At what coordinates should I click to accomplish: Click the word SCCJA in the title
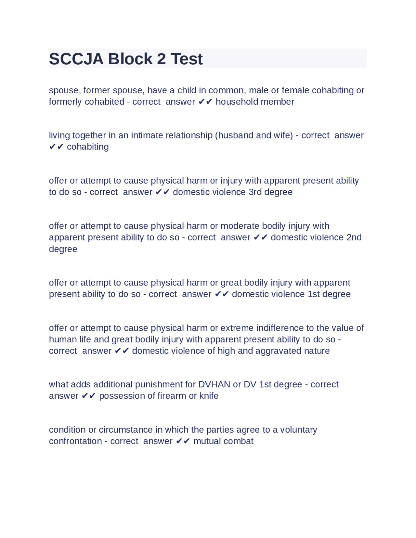pos(76,59)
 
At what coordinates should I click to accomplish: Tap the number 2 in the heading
pos(161,59)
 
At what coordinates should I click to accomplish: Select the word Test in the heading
pos(187,59)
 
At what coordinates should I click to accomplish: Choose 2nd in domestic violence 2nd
pos(354,237)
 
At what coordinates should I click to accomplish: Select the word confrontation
pos(75,441)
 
